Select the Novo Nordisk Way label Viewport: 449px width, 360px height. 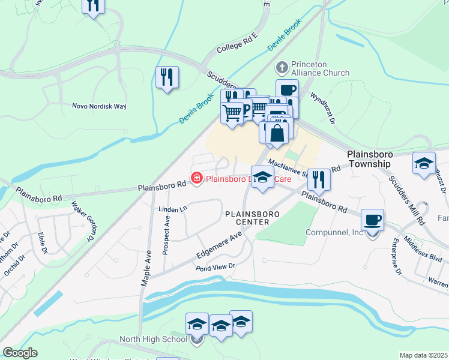99,106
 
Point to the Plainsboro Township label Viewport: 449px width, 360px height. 377,158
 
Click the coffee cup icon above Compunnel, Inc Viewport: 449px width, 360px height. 372,220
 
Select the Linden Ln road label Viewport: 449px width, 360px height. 172,209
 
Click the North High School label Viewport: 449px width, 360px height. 163,339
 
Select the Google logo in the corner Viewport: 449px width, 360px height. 19,353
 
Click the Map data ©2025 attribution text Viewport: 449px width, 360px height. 423,355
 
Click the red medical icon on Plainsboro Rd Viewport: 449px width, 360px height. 196,178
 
